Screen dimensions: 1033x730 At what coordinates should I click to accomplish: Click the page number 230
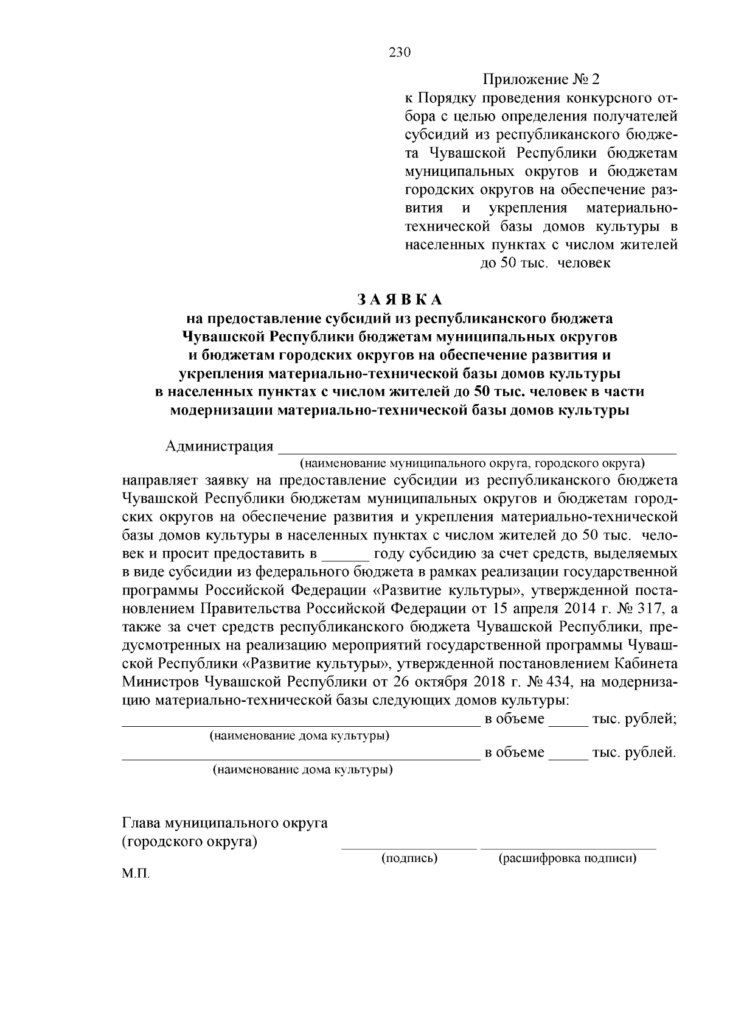coord(400,52)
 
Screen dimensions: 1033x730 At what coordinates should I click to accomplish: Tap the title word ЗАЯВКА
coord(400,299)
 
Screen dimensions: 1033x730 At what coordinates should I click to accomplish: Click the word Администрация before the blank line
coord(219,446)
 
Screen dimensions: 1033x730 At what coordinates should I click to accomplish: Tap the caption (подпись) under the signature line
coord(409,858)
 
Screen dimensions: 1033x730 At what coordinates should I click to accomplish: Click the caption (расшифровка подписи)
coord(568,858)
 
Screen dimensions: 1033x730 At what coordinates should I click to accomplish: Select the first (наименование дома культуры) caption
coord(299,735)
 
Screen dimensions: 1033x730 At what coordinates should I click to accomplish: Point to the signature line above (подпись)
coord(409,846)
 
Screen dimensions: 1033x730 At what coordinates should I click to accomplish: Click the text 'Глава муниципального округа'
coord(225,824)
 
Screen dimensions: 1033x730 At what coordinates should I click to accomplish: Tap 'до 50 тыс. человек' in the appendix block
coord(545,264)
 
